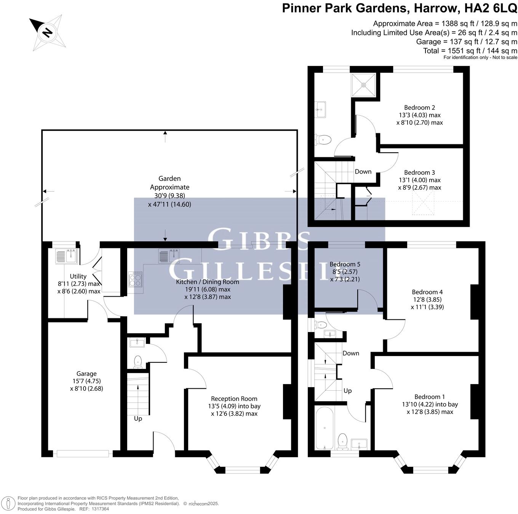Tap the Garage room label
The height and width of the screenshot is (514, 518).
(x=86, y=374)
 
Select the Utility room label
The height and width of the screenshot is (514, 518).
(x=78, y=276)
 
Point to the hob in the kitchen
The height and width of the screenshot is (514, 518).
(x=135, y=279)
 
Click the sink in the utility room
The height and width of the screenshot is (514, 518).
(x=66, y=255)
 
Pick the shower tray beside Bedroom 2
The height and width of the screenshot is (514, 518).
(x=363, y=85)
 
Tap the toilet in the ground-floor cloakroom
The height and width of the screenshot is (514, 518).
(x=137, y=362)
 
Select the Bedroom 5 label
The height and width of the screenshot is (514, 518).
(x=345, y=264)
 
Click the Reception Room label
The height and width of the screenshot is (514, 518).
(x=234, y=398)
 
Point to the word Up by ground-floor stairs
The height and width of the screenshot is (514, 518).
(x=138, y=418)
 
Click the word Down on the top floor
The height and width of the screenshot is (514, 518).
(x=363, y=171)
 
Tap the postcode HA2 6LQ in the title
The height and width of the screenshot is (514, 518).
(x=491, y=8)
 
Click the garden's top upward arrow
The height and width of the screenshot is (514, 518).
(x=165, y=137)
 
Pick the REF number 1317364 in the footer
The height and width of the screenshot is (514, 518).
(x=100, y=509)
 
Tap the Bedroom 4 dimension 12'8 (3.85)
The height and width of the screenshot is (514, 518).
(x=427, y=299)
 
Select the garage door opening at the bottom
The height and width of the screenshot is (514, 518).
(x=83, y=453)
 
